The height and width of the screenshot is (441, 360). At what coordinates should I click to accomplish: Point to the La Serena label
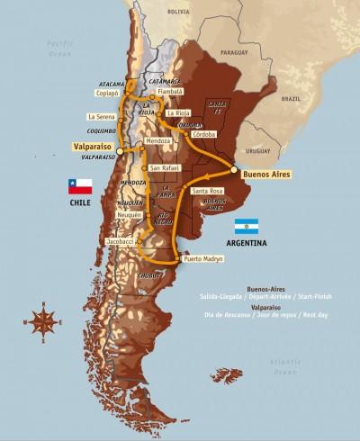103,116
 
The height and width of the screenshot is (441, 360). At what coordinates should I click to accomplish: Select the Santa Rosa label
208,191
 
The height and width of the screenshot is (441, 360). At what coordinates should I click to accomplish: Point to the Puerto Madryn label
202,259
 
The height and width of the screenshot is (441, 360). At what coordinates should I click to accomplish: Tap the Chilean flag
81,186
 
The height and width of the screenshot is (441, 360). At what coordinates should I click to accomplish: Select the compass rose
44,320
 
